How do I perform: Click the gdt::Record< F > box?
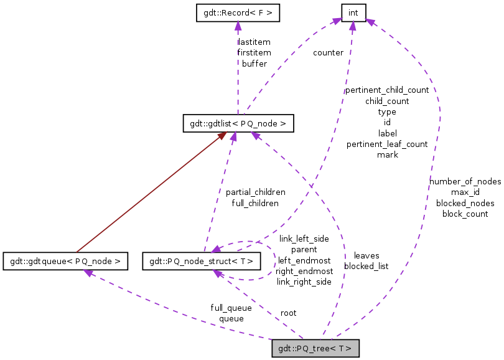237,13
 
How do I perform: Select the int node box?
353,12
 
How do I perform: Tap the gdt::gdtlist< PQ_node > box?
237,123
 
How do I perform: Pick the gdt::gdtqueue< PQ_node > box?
65,261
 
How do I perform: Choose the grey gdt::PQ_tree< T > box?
315,348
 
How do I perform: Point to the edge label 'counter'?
328,53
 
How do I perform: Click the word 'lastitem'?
254,42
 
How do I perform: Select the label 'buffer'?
254,64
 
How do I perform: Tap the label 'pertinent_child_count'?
387,90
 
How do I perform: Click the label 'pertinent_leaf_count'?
387,144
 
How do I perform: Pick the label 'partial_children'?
255,192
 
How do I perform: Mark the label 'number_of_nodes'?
465,181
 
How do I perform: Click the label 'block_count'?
465,214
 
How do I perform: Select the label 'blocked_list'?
366,266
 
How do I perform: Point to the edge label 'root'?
288,313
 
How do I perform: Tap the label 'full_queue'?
231,308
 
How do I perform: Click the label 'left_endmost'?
304,260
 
